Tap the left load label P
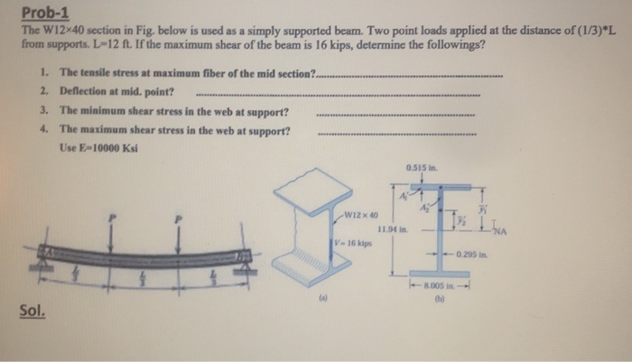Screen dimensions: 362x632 click(112, 219)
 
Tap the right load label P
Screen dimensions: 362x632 click(179, 218)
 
